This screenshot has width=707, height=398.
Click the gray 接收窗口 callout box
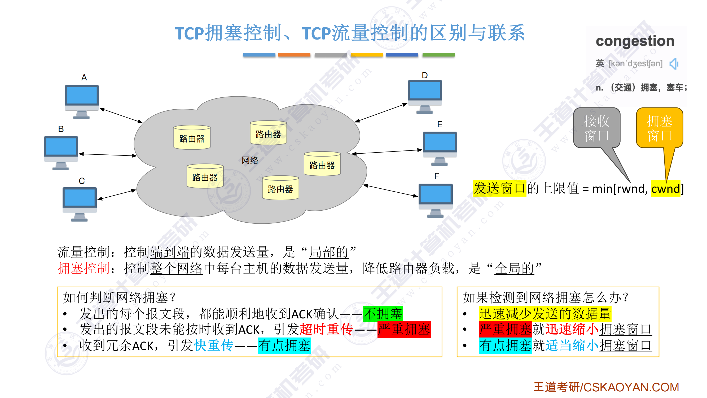point(597,128)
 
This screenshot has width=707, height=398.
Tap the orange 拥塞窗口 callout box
point(659,128)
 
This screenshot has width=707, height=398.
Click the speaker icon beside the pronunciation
point(674,64)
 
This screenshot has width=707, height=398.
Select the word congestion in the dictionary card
point(635,41)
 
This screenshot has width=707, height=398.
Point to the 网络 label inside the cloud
point(250,160)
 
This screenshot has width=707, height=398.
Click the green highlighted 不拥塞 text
point(383,314)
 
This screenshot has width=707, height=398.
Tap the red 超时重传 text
point(326,329)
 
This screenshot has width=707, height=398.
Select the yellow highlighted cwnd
point(666,189)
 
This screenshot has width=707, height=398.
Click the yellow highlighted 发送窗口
point(499,189)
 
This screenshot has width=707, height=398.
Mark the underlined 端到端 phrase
point(170,252)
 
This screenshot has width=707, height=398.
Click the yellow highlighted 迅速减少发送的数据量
point(545,314)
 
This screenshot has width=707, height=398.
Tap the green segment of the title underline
point(438,55)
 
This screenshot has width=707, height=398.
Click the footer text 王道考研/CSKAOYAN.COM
point(606,387)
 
